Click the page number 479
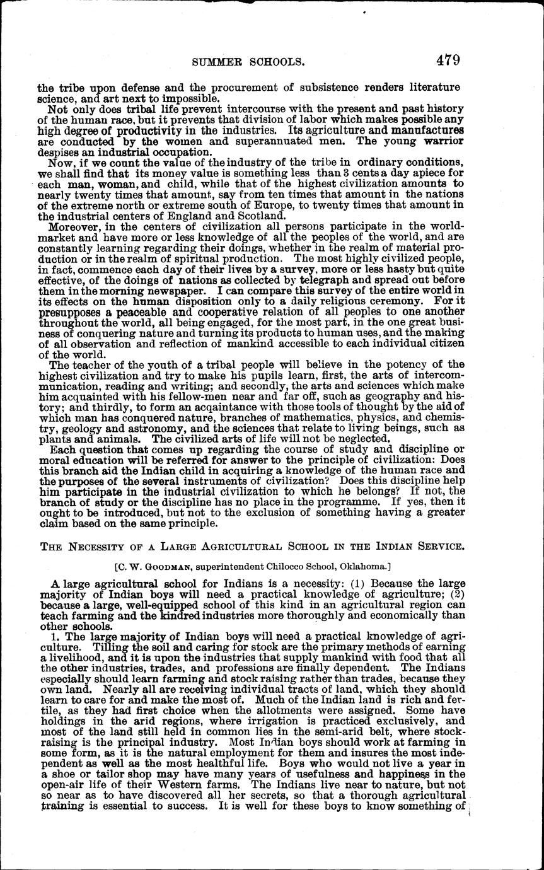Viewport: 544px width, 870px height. (447, 61)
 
